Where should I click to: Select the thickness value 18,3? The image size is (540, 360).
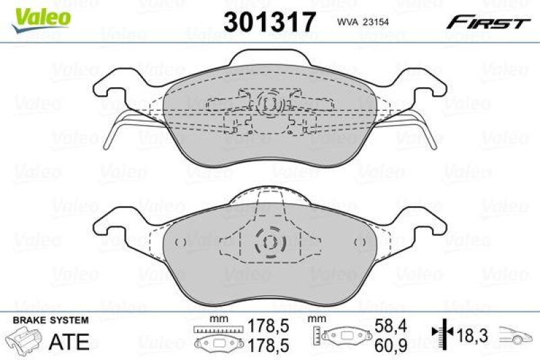click(470, 333)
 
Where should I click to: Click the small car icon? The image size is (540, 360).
click(516, 334)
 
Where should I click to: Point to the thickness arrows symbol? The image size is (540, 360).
click(440, 332)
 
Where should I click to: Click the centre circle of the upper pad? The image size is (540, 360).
click(269, 103)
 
